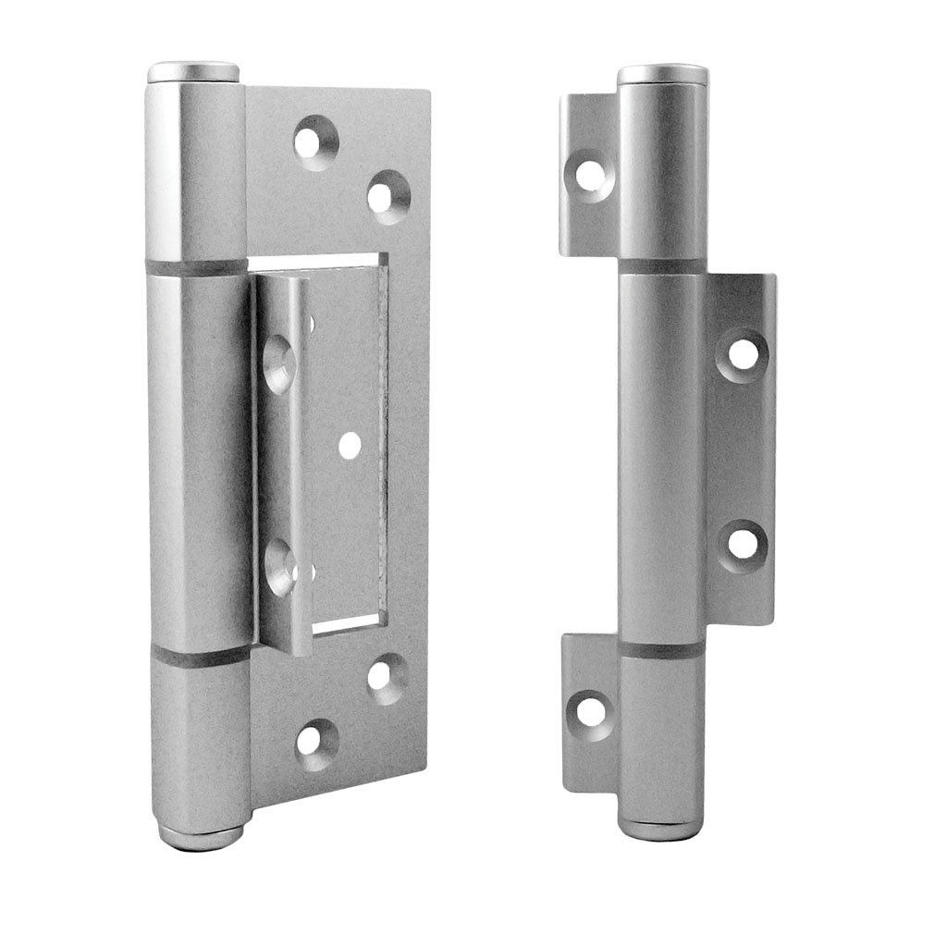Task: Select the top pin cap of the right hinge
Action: point(662,74)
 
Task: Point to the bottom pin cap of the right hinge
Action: point(663,826)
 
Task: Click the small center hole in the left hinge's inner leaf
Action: point(350,446)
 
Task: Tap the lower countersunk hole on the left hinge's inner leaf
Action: point(279,567)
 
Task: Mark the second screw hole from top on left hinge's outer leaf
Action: point(387,196)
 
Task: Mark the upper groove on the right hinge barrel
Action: point(662,266)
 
